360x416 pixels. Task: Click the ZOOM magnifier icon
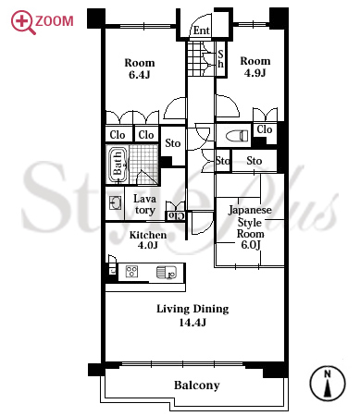(23, 22)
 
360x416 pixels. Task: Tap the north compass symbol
(328, 384)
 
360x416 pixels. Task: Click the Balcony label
(197, 385)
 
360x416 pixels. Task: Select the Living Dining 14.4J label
(192, 315)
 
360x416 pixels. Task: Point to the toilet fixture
(237, 136)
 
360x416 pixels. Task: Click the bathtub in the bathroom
(118, 165)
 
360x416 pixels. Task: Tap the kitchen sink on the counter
(167, 272)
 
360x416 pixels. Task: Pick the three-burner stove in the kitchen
(131, 272)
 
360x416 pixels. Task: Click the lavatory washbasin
(115, 203)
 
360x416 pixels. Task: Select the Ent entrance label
(202, 31)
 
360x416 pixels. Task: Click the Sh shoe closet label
(220, 59)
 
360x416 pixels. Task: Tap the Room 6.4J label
(140, 68)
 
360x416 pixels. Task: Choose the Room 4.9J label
(255, 67)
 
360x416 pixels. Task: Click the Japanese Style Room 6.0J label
(250, 227)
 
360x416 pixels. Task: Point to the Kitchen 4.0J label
(148, 239)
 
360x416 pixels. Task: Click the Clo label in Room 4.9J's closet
(265, 129)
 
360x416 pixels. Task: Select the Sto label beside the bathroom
(172, 143)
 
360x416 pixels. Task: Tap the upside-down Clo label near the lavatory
(177, 216)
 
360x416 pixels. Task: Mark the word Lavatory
(144, 204)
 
